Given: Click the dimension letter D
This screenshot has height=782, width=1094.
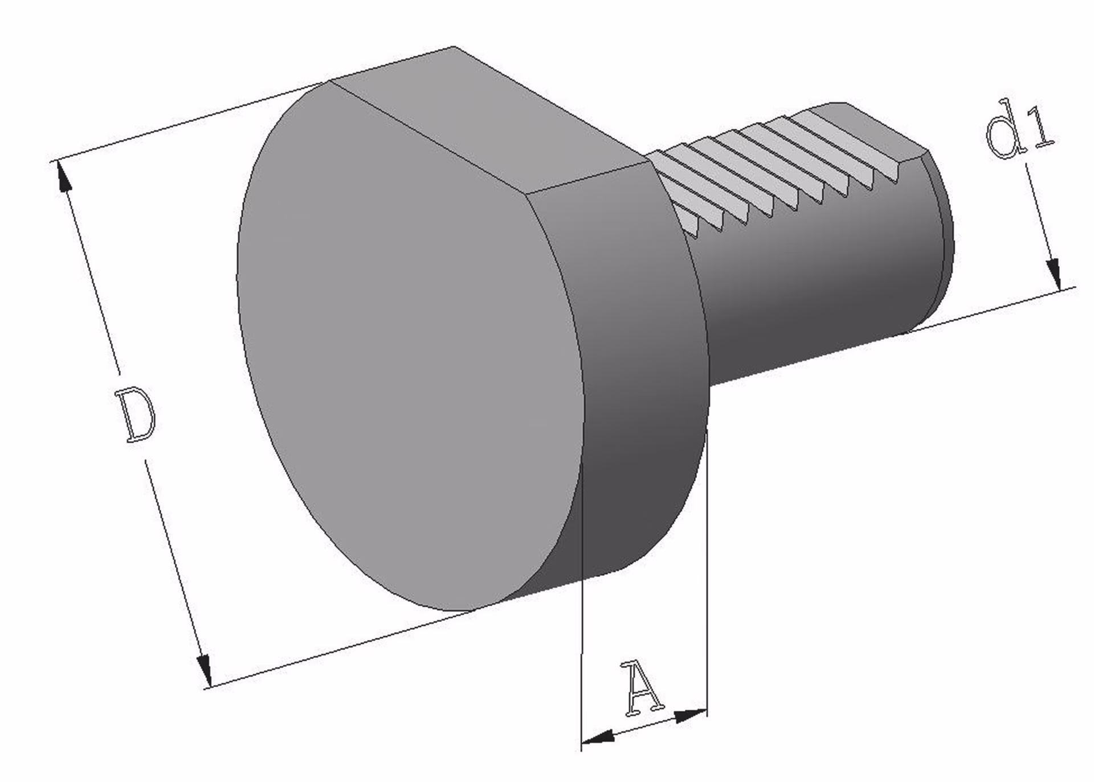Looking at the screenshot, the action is (134, 414).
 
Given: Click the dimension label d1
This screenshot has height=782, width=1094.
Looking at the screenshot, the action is (1020, 136).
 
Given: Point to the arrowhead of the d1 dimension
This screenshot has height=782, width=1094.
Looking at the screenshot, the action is (1054, 275).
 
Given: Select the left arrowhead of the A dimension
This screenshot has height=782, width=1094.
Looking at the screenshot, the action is (598, 738).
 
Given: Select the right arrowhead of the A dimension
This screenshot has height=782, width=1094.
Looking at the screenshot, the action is (691, 715).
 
